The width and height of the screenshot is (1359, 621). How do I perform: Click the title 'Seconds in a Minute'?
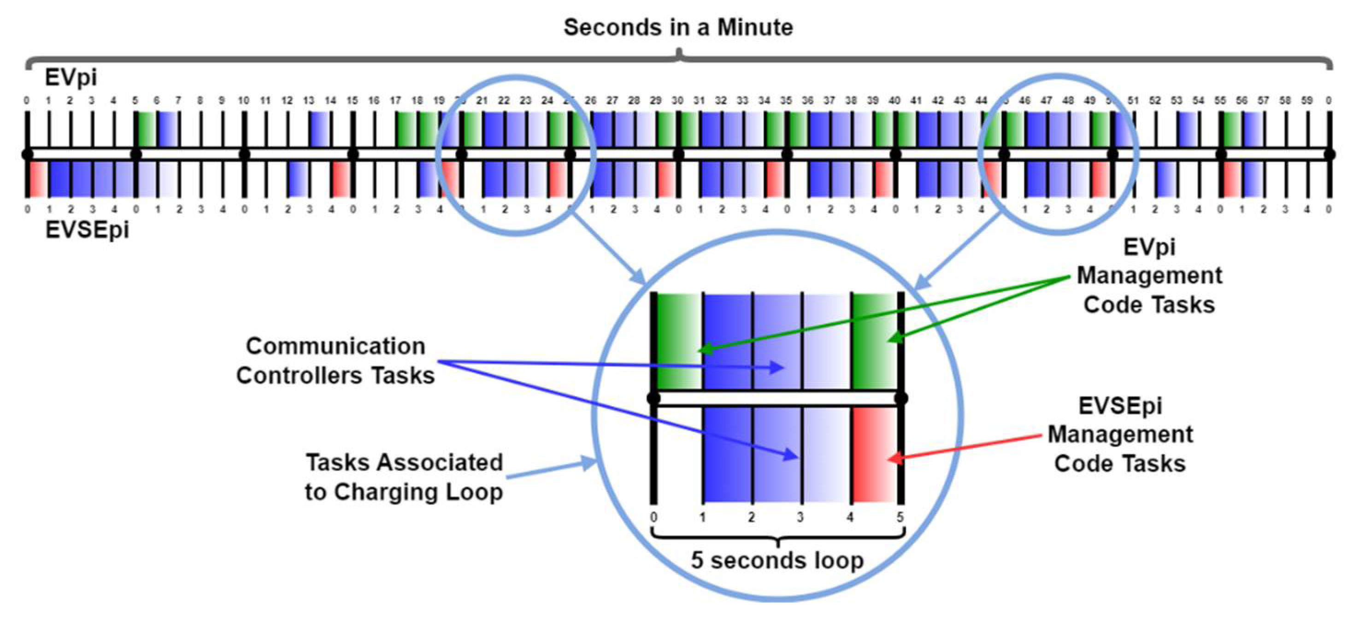point(678,28)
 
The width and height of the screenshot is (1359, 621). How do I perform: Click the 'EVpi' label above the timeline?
point(71,77)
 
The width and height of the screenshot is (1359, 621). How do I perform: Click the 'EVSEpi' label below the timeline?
point(87,230)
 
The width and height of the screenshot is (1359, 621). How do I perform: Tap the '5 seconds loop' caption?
point(777,560)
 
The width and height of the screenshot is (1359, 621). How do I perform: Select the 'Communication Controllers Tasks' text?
point(335,361)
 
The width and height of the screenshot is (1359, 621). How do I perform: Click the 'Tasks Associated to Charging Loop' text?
point(404,477)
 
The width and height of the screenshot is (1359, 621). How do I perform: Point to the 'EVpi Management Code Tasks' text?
point(1149,276)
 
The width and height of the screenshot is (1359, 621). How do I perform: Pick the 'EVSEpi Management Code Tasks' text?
point(1119,435)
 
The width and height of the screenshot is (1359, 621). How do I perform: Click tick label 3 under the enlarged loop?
point(800,517)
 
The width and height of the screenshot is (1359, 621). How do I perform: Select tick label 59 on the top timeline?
point(1307,100)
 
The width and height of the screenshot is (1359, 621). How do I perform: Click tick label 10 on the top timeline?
point(243,100)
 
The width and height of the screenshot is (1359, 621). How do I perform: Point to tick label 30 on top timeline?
point(677,100)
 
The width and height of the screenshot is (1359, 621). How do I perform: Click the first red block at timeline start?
point(37,179)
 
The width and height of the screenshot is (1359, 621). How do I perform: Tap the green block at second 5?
point(146,129)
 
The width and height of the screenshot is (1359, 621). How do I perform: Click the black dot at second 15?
point(353,154)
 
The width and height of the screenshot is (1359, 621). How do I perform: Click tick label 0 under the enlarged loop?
point(653,517)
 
